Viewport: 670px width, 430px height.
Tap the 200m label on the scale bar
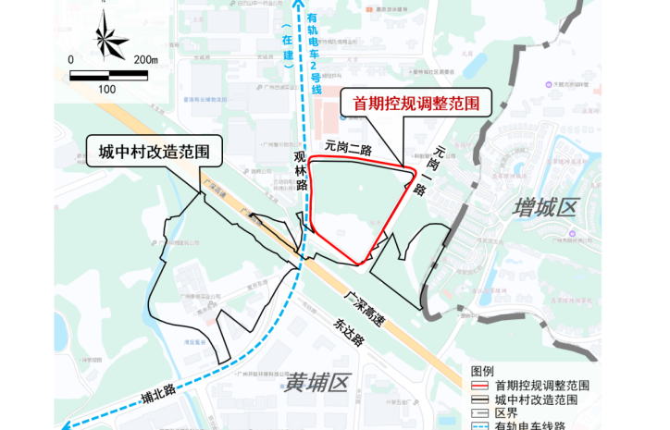click(146, 60)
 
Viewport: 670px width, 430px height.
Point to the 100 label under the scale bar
click(106, 89)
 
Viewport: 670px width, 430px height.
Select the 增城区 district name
click(545, 209)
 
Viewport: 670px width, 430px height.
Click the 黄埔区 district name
click(314, 381)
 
